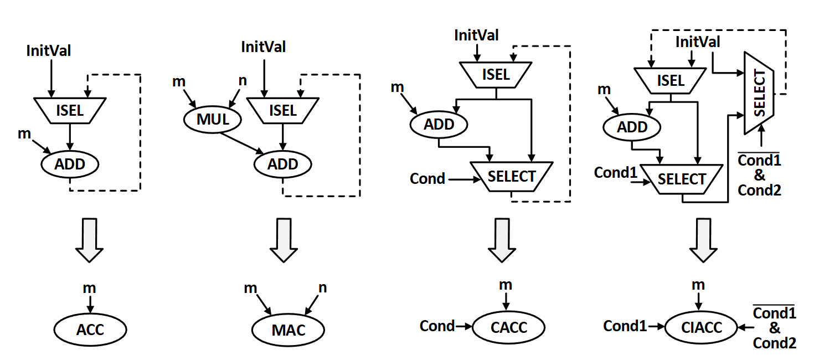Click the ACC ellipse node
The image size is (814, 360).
point(90,330)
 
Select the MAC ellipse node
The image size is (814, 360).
point(288,330)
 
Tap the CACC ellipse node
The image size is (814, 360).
point(508,327)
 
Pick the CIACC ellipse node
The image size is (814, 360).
point(702,327)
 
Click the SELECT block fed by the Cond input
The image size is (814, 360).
point(511,177)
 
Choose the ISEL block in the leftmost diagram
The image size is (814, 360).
point(70,110)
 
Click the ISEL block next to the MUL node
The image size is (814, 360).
point(282,110)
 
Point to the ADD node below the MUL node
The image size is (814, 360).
point(283,164)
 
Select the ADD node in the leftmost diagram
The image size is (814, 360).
point(70,164)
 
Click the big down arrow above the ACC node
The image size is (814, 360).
point(89,239)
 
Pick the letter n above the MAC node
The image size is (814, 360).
point(322,287)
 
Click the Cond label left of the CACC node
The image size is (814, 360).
point(437,326)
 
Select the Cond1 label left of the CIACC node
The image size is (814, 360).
point(625,326)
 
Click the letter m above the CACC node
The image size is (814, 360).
point(506,285)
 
